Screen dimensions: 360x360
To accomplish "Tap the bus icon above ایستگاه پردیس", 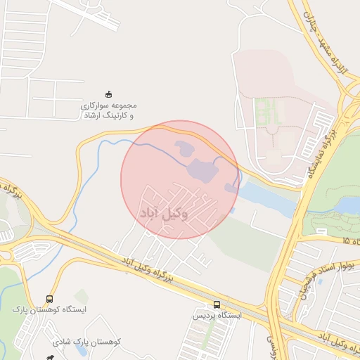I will coord(217,304).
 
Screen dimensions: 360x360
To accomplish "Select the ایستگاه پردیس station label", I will coord(217,316).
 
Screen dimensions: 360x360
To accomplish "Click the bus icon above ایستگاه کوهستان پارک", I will coord(49,299).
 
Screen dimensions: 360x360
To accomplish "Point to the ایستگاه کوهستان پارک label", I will coord(49,310).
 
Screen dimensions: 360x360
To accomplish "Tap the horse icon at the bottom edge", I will coord(49,357).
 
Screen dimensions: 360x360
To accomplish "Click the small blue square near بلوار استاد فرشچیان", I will coord(320,281).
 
